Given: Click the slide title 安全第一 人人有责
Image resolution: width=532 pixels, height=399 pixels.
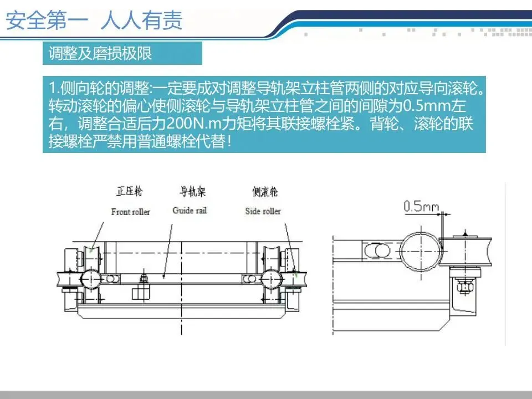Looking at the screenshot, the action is tap(94, 21).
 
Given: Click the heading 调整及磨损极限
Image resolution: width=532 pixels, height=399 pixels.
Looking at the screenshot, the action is tap(100, 53).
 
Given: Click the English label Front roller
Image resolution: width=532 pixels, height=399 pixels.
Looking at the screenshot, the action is tap(130, 212).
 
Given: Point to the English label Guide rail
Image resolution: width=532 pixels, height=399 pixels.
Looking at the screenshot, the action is tap(190, 211).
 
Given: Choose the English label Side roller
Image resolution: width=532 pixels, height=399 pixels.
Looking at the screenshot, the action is tap(263, 211).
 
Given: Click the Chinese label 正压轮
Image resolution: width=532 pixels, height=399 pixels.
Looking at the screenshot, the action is tap(129, 191).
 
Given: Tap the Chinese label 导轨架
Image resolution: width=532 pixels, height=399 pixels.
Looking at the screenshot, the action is tap(192, 191).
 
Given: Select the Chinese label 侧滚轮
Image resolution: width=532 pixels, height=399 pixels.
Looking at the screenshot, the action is tap(265, 192).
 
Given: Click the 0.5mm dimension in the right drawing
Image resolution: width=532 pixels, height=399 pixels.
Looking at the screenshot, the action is tap(421, 206).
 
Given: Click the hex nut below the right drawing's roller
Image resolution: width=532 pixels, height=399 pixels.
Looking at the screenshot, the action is tap(465, 287).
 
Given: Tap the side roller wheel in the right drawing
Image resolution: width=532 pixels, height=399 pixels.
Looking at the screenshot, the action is tap(465, 252).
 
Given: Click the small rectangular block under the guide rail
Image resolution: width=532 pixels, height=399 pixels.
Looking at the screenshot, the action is tap(141, 293).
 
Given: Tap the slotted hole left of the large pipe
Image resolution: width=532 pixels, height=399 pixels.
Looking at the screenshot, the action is tap(377, 251).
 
